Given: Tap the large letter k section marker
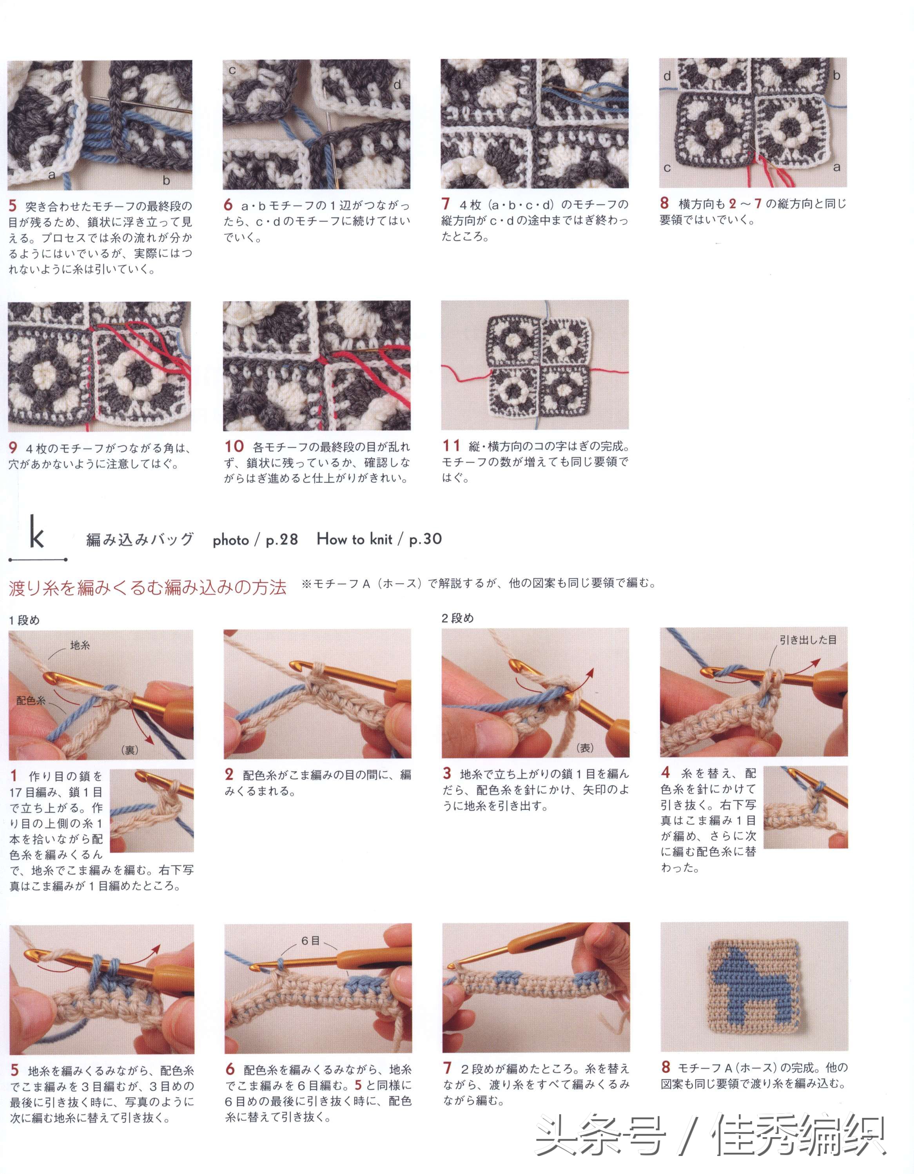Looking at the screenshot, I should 36,532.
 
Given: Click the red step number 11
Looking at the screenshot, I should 452,445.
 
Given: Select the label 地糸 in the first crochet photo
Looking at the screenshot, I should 80,645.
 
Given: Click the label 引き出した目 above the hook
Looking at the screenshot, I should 808,640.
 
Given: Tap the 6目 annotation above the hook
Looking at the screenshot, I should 310,941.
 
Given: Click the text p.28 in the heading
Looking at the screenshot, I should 281,540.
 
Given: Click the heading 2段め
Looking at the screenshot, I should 457,618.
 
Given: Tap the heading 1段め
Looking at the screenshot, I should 24,620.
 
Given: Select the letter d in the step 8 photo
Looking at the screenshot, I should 667,76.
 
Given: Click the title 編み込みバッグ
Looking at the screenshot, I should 140,540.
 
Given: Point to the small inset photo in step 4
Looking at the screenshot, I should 805,807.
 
